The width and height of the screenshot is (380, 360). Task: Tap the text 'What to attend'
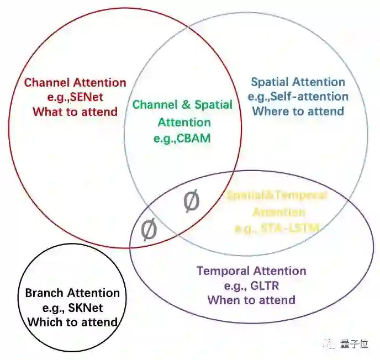click(75, 112)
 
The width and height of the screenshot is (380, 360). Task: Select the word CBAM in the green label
click(194, 138)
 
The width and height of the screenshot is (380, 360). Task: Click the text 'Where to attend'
click(298, 111)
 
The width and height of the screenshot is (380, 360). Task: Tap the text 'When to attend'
click(251, 300)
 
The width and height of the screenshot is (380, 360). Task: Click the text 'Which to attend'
click(72, 322)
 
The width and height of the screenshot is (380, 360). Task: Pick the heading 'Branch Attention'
click(72, 293)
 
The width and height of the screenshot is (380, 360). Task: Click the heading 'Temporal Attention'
click(251, 271)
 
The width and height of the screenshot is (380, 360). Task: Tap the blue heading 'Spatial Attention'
click(298, 82)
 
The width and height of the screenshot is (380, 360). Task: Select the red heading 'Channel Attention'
click(75, 83)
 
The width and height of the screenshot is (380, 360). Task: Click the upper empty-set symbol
click(191, 202)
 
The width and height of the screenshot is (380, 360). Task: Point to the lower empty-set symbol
click(149, 230)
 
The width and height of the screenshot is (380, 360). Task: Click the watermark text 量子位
click(353, 345)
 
